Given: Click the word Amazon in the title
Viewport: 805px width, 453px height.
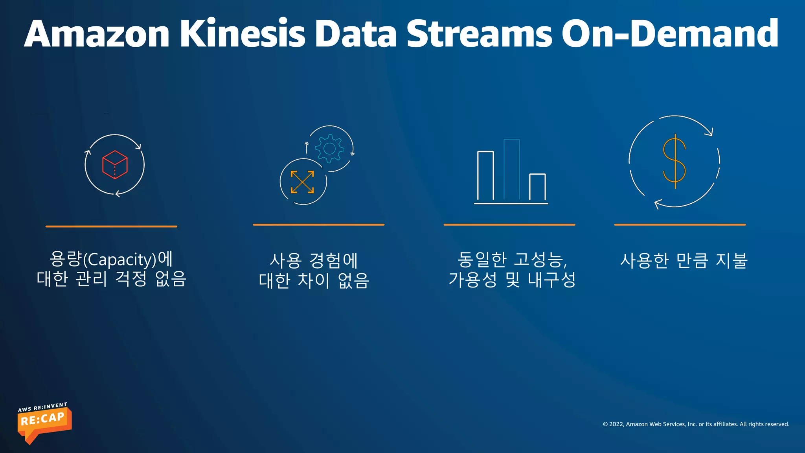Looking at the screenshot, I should pos(97,34).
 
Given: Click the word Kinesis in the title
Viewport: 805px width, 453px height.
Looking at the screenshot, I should pos(243,34).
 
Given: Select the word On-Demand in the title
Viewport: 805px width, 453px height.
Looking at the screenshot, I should pos(670,34).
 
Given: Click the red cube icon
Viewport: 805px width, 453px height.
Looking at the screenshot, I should pos(115,165).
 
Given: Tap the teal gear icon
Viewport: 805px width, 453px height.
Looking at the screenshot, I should pos(329,148).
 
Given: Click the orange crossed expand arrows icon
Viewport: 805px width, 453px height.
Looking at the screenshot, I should pos(302,182).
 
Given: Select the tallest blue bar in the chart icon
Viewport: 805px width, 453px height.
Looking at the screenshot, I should pos(512,169).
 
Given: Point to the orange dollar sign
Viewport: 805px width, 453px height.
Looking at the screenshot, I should pos(675,161).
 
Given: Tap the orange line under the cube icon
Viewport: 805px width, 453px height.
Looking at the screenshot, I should pos(111,226).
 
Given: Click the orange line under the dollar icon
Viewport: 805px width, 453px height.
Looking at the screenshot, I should pos(680,225).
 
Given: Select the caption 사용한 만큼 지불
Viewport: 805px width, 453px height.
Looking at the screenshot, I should pos(684,260).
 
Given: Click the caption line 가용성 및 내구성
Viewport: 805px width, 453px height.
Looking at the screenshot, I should pos(512,280).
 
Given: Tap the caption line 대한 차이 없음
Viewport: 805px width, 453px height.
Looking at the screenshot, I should pos(314,281).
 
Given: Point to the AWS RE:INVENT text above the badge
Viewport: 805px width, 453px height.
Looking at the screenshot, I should pos(42,407).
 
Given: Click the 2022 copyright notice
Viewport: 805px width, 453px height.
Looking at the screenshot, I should pos(696,424).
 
